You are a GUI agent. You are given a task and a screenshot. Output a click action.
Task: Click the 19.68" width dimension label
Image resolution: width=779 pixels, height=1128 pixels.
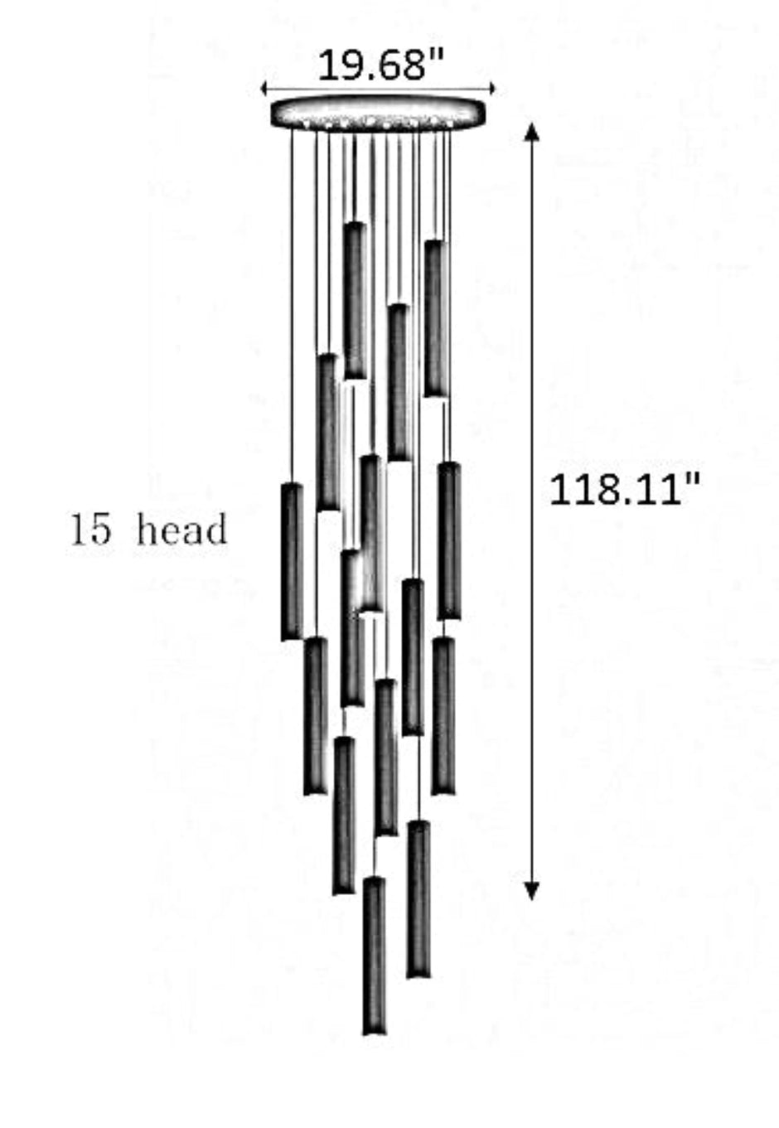381,65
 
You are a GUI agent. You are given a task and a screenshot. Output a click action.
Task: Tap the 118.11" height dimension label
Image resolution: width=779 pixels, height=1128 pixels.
624,490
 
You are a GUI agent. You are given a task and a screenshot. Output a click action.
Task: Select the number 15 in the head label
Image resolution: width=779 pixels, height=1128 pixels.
90,530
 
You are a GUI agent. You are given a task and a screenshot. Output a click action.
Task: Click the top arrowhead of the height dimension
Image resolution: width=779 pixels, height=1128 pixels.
532,131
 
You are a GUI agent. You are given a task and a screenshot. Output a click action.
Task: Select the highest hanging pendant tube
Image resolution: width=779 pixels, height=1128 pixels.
355,301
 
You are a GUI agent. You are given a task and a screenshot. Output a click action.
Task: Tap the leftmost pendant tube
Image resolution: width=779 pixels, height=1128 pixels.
292,561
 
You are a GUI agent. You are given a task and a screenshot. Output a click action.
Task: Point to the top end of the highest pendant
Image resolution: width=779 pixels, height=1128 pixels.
355,223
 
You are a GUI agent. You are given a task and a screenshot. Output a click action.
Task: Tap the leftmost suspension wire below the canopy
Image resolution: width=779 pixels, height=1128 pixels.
292,305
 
